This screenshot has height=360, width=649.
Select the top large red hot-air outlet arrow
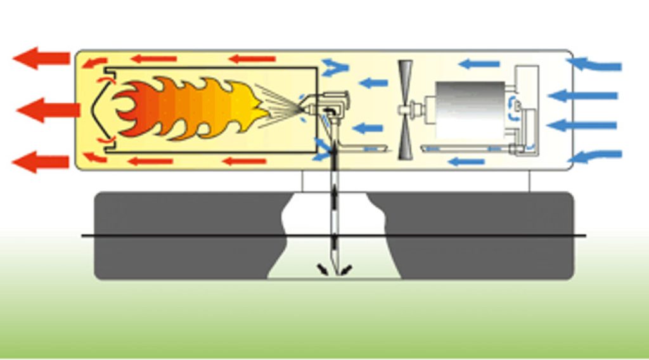[41, 58]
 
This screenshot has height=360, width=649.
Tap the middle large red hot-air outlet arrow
[48, 110]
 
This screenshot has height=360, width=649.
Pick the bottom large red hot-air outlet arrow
[41, 162]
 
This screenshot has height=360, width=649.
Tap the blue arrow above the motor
[478, 63]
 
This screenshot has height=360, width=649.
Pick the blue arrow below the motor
[466, 162]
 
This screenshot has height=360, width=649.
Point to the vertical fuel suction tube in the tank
[333, 215]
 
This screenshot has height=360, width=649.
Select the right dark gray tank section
[482, 235]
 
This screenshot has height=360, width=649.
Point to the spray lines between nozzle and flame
[279, 101]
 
